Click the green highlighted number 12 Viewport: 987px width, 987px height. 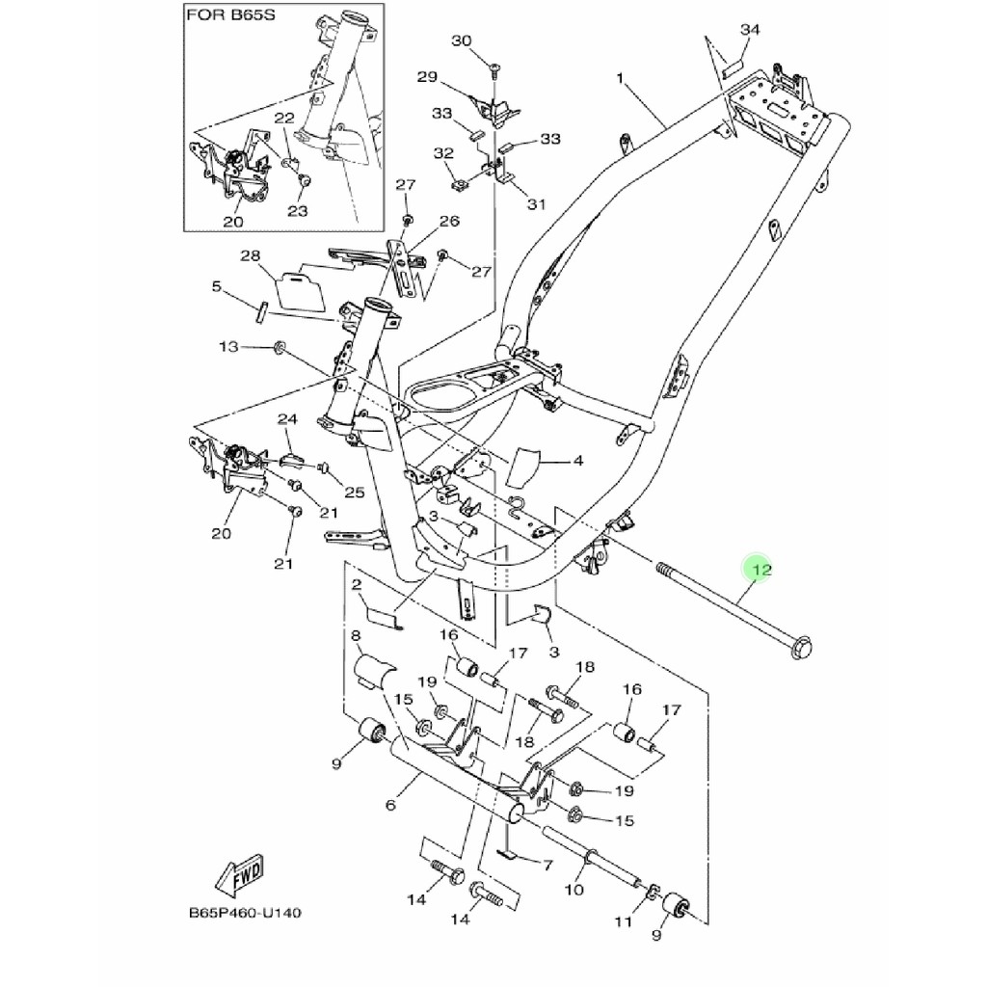pos(760,571)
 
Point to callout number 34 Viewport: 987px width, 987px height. pos(750,31)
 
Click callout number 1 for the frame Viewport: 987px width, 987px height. pos(621,77)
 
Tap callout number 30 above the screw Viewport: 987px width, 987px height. pos(462,40)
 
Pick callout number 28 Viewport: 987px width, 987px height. pos(251,255)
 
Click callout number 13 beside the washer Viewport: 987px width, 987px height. pos(227,346)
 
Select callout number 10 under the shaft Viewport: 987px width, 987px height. pos(574,889)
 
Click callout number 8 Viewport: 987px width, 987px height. pos(357,636)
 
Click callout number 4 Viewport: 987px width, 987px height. pos(577,461)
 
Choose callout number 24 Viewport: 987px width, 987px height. pos(285,418)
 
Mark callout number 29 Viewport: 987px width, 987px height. pos(427,77)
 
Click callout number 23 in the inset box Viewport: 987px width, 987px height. pos(296,211)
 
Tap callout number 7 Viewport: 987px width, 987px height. pos(547,865)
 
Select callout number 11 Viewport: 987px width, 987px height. pos(624,921)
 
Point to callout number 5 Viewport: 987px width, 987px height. pos(217,286)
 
